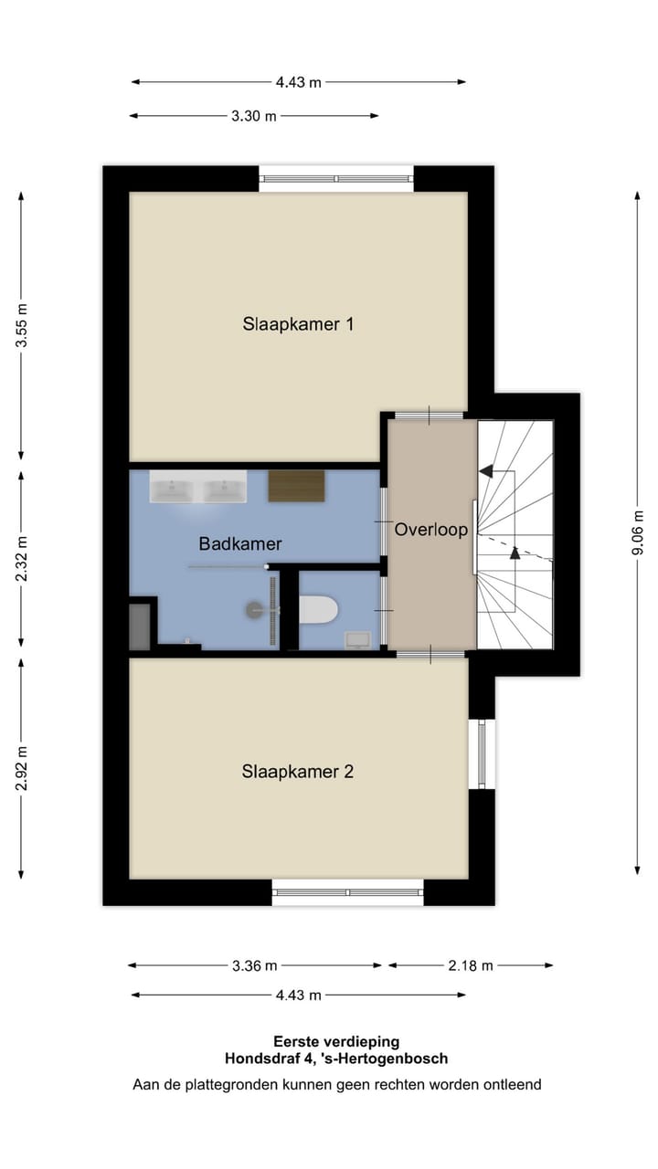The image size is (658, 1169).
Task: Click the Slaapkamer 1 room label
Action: tap(298, 323)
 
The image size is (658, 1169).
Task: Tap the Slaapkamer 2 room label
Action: tap(298, 772)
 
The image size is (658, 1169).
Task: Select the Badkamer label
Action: tap(240, 543)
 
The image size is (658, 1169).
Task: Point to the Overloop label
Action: tap(431, 530)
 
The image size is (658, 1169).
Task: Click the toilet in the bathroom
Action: tap(319, 609)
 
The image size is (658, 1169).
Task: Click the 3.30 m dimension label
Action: tap(254, 116)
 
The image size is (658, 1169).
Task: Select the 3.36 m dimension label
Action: tap(255, 965)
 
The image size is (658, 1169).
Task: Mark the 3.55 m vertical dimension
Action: tap(22, 326)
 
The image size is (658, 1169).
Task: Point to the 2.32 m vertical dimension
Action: tap(22, 557)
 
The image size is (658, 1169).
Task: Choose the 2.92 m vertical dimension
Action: tap(22, 769)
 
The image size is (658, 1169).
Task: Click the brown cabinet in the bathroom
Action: tap(296, 486)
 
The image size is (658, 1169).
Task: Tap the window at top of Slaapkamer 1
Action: tap(336, 178)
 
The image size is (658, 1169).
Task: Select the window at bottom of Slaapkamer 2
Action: tap(347, 892)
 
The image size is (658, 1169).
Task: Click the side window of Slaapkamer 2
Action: tap(482, 754)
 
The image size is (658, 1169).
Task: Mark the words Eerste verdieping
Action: tap(336, 1041)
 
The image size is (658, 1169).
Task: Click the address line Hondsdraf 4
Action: tap(336, 1059)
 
